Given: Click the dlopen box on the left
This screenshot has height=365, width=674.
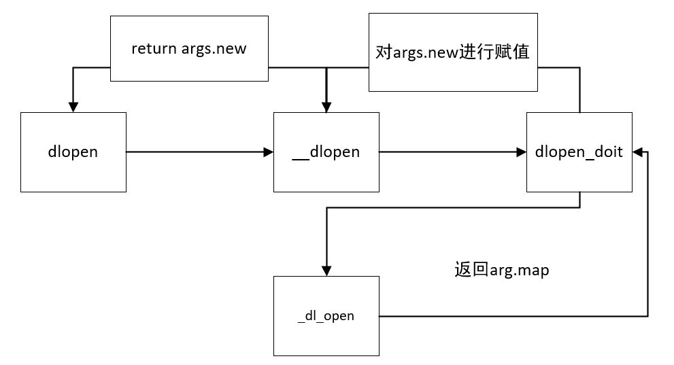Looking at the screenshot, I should point(73,152).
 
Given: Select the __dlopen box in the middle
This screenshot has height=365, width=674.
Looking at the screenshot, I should point(326,152).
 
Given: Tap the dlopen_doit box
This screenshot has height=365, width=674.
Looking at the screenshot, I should point(579,152).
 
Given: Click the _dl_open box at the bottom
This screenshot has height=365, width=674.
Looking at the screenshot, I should point(326,315).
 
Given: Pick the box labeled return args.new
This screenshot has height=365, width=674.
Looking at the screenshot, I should point(189,49).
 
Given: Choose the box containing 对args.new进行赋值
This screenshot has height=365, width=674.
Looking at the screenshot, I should point(453,52).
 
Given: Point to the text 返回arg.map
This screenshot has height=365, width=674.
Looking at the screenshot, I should point(502,270).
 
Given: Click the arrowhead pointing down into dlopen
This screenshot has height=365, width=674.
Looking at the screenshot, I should point(73,107).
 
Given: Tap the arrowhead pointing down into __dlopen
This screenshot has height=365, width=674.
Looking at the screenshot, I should point(326,107).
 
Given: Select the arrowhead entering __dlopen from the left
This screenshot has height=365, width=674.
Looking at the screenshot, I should point(269,152).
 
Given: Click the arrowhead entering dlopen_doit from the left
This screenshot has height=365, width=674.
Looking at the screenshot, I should point(522,152).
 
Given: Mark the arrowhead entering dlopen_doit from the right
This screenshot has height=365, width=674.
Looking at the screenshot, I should point(637,152).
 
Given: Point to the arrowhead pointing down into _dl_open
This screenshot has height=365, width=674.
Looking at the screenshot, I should point(326,271).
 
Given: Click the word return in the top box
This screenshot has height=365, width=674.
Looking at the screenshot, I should point(154,49).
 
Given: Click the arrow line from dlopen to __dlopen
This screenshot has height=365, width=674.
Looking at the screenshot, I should point(197,152).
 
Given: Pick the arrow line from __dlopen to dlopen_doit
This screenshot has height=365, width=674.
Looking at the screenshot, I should point(449,152).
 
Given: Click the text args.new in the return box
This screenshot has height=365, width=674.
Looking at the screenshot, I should point(214,49).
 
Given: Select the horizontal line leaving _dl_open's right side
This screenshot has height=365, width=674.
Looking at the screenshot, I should point(510,316).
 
